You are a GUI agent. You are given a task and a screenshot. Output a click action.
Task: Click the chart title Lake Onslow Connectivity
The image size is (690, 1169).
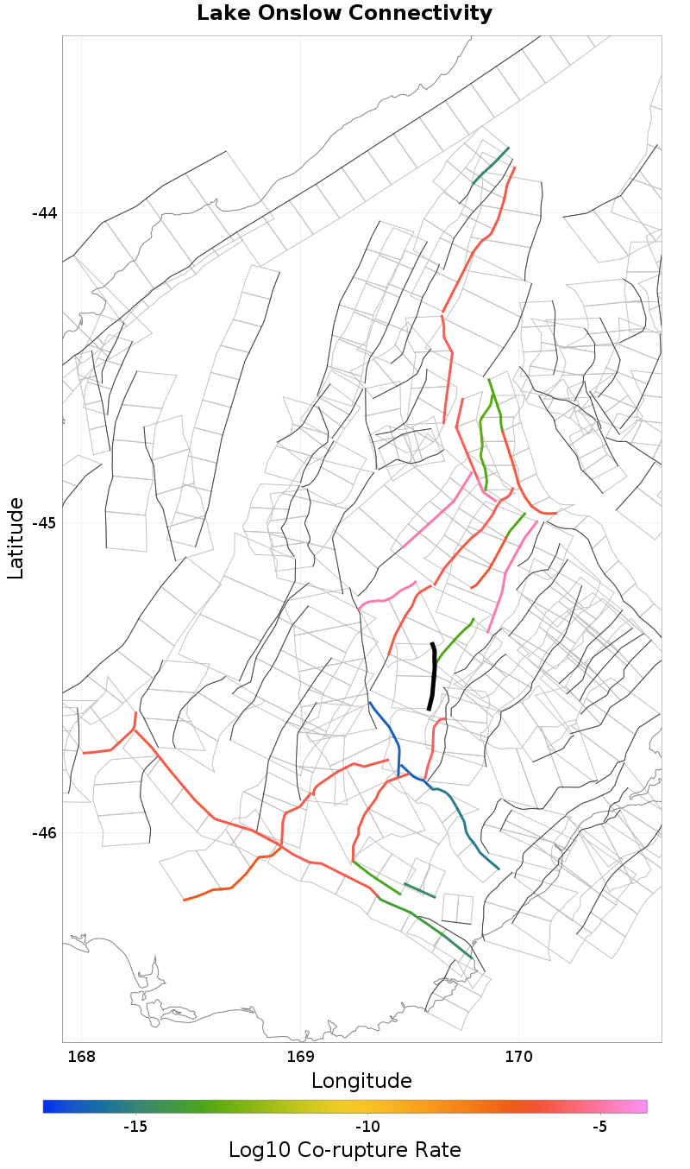(344, 14)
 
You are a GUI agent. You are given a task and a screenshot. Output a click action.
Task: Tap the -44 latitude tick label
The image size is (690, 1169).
(44, 213)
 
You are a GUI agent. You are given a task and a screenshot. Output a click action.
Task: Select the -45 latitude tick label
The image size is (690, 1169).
(44, 523)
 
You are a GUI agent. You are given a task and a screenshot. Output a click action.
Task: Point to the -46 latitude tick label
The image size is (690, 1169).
(44, 833)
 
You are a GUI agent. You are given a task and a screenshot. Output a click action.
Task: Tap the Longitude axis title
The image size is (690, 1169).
(361, 1081)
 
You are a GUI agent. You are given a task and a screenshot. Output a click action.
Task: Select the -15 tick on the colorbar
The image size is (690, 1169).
(135, 1127)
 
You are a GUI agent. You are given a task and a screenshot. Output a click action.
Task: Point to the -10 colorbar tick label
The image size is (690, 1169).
(368, 1127)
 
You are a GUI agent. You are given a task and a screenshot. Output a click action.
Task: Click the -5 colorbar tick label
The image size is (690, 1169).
(600, 1127)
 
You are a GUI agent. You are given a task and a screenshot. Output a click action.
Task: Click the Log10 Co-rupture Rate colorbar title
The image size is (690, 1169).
(344, 1150)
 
